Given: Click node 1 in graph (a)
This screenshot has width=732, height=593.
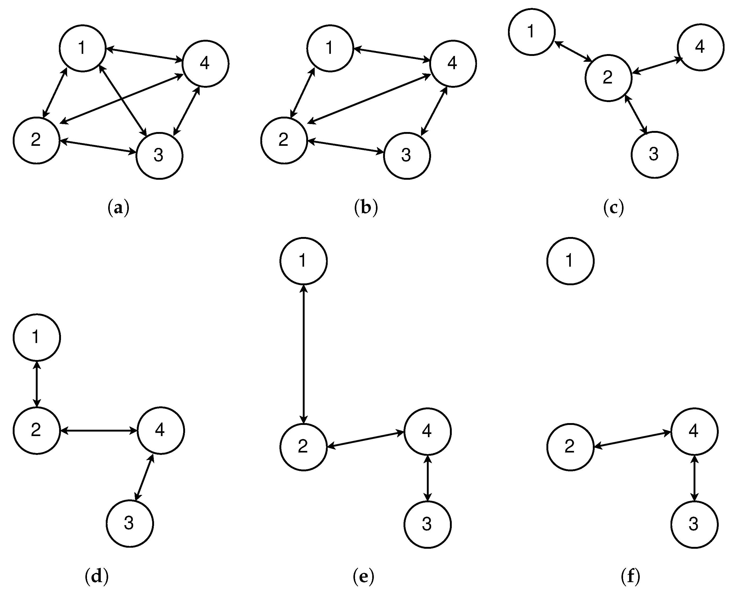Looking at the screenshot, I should pyautogui.click(x=82, y=48).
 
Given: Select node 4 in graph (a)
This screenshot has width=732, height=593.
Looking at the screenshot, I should pyautogui.click(x=205, y=64).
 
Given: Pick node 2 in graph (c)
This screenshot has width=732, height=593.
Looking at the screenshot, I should pyautogui.click(x=608, y=78).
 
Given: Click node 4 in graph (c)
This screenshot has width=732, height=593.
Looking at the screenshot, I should pyautogui.click(x=700, y=47).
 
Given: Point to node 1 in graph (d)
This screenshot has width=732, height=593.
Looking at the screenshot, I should pyautogui.click(x=37, y=337).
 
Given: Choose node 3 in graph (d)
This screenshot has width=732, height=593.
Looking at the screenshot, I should pyautogui.click(x=129, y=523).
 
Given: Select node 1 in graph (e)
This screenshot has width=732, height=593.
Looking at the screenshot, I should pyautogui.click(x=303, y=261).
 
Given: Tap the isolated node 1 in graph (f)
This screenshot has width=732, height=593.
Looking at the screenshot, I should pyautogui.click(x=570, y=261).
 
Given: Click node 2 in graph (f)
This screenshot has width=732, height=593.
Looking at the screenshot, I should pyautogui.click(x=570, y=447).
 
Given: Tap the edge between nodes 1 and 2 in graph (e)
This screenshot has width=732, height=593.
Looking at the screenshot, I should pyautogui.click(x=303, y=354).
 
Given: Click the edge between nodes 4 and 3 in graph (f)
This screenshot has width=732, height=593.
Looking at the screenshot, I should pyautogui.click(x=694, y=478).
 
